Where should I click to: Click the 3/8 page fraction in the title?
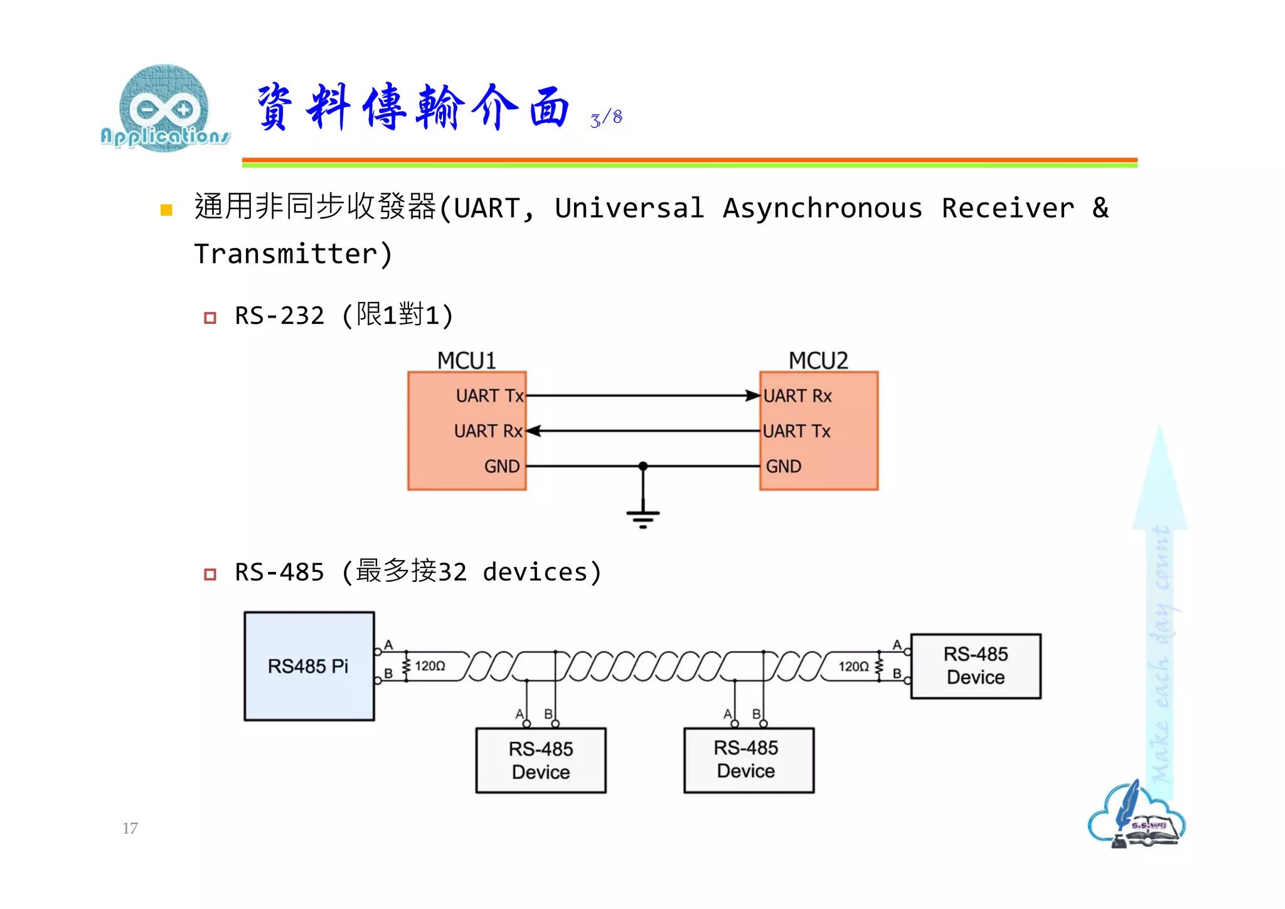[606, 118]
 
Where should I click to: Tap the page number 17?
[130, 828]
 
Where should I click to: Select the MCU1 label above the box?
[466, 360]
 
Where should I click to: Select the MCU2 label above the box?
[818, 360]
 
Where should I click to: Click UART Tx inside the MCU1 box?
[489, 395]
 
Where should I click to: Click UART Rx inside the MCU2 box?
[797, 395]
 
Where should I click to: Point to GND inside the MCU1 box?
[501, 466]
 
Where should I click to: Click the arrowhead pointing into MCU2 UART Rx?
[752, 395]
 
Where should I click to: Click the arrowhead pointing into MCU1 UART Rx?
[534, 431]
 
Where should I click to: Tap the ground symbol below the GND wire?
[642, 519]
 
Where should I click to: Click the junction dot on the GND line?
[642, 466]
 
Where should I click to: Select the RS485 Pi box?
[309, 666]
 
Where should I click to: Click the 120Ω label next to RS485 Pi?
[430, 666]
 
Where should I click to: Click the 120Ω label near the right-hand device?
[853, 666]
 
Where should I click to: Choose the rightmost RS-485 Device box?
[976, 666]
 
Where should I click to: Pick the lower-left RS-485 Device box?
[541, 760]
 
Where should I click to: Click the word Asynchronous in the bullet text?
[822, 208]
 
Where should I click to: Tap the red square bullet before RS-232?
[210, 318]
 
